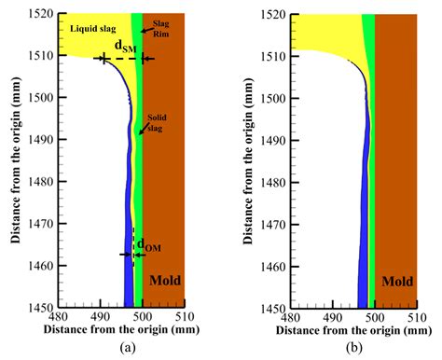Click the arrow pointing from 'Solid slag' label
[x=144, y=131]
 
